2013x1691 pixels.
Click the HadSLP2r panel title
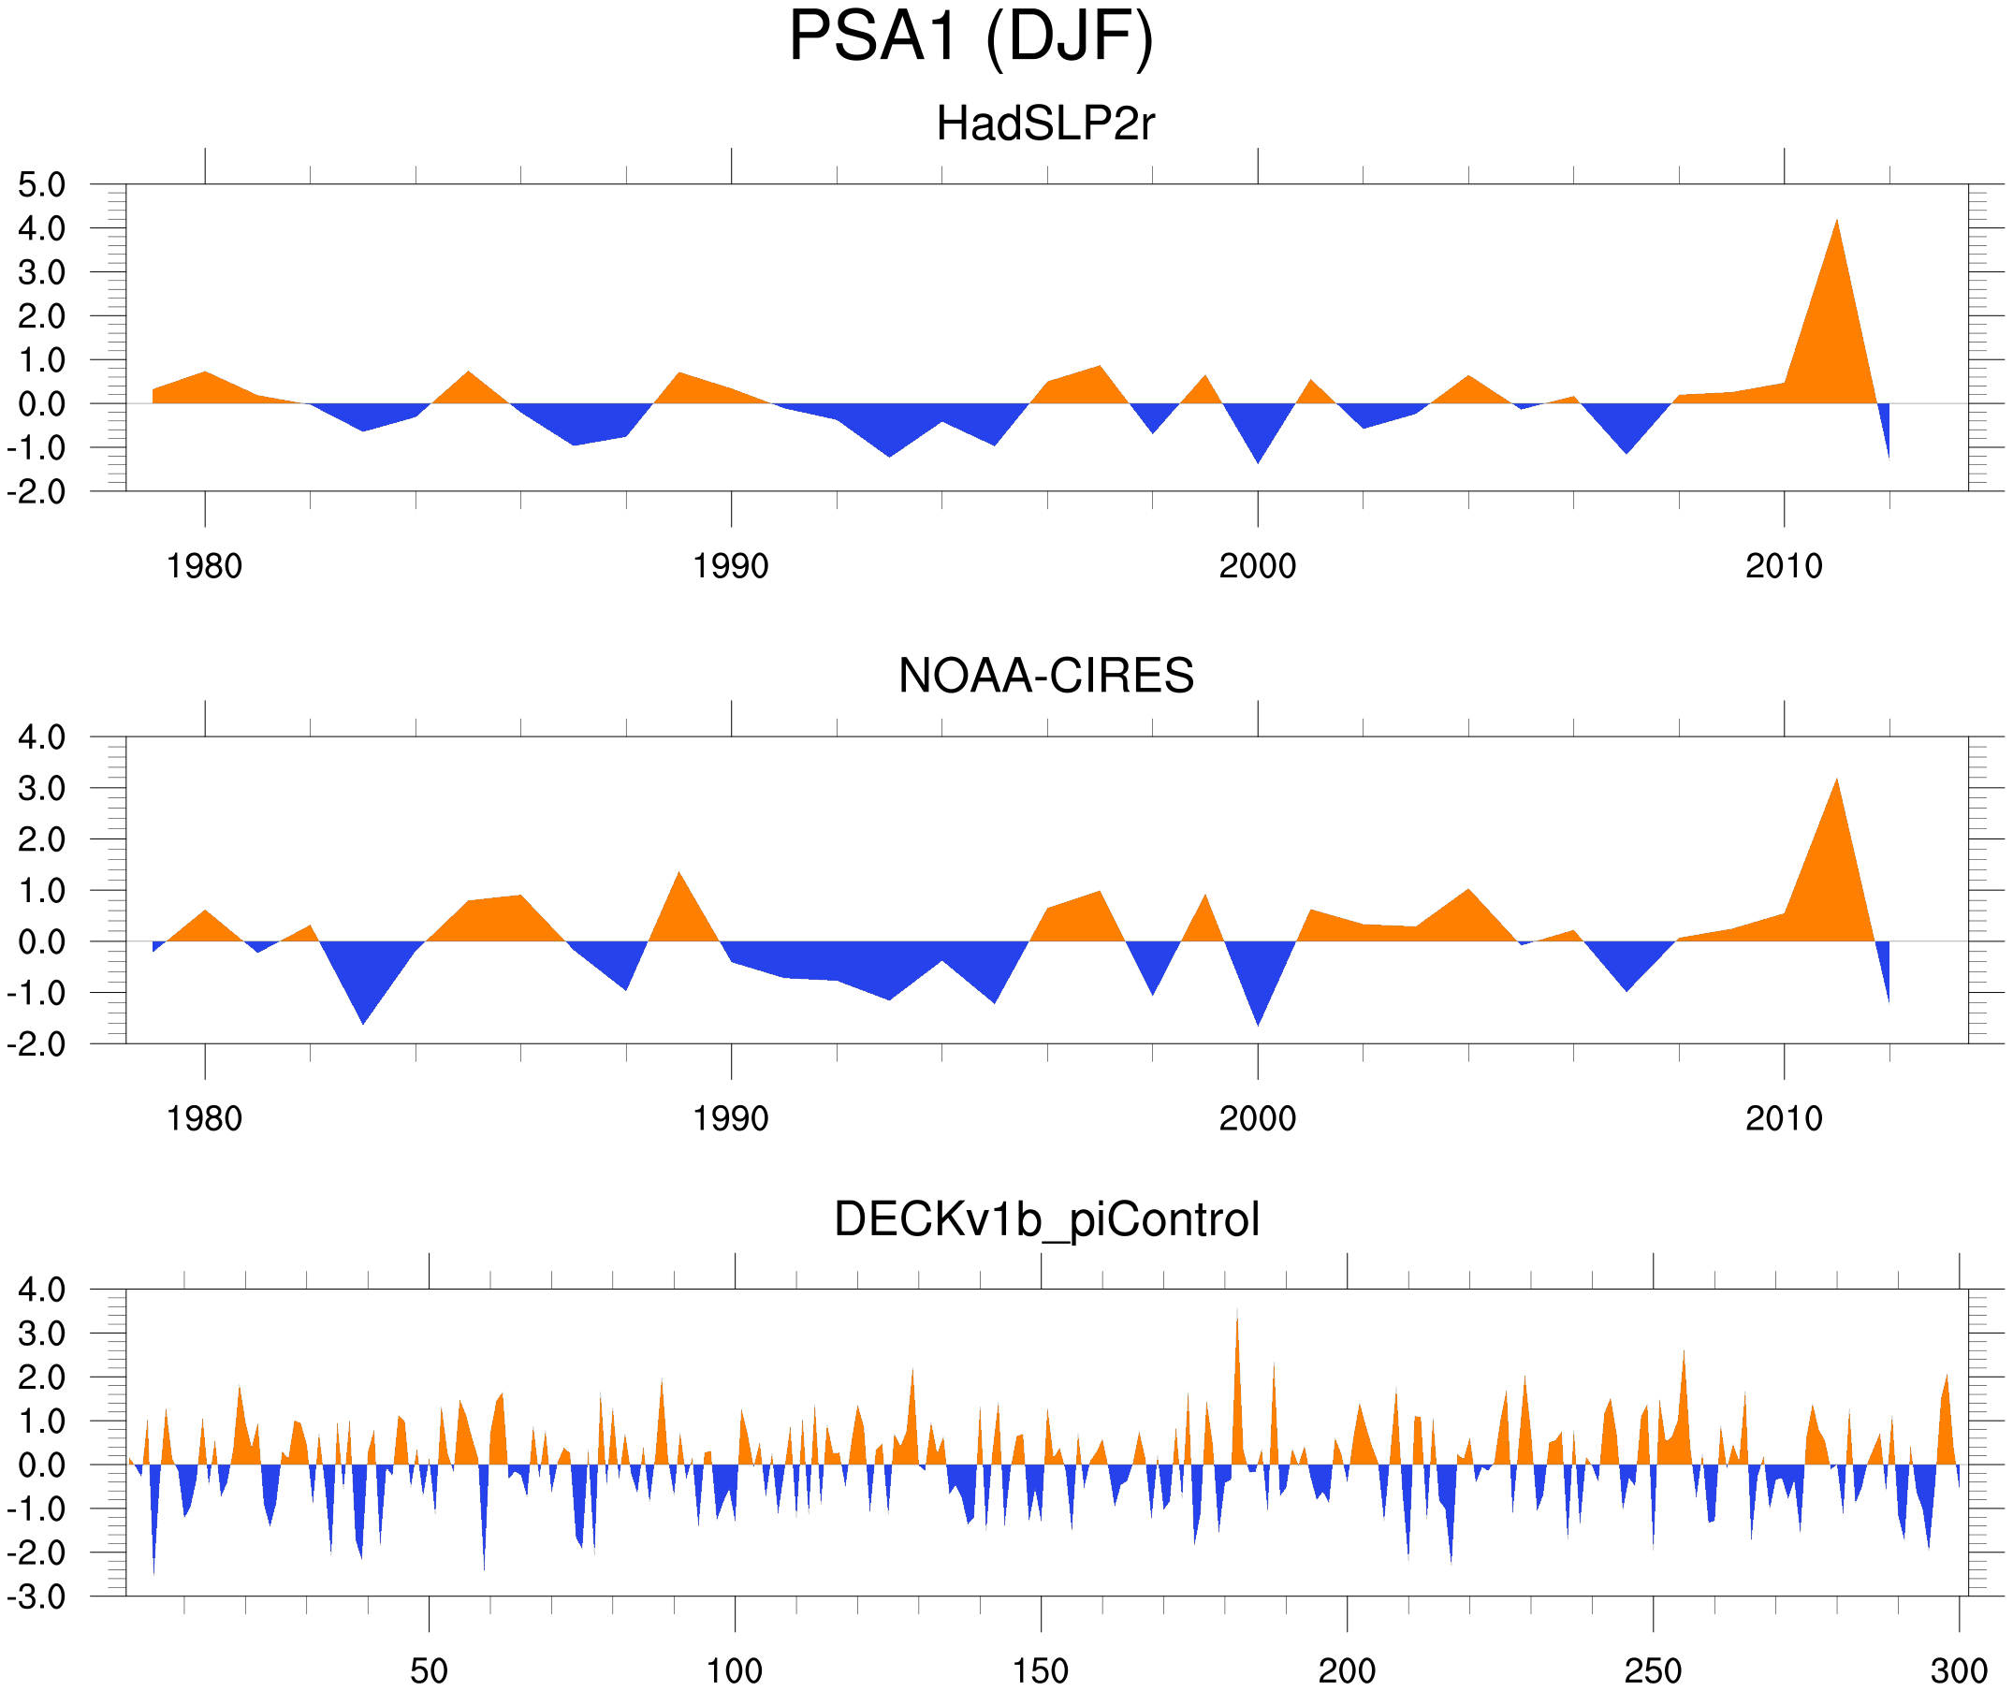(1045, 124)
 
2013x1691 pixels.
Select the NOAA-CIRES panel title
(1045, 676)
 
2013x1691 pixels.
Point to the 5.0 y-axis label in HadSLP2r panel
(42, 185)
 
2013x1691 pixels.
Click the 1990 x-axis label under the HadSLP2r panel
(731, 566)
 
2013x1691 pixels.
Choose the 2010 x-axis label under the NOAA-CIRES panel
(1783, 1118)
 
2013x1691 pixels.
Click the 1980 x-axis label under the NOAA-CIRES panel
(204, 1118)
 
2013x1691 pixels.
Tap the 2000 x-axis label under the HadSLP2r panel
(1257, 566)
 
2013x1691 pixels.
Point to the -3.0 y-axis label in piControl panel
(36, 1597)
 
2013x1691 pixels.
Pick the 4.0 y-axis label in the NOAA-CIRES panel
(42, 737)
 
